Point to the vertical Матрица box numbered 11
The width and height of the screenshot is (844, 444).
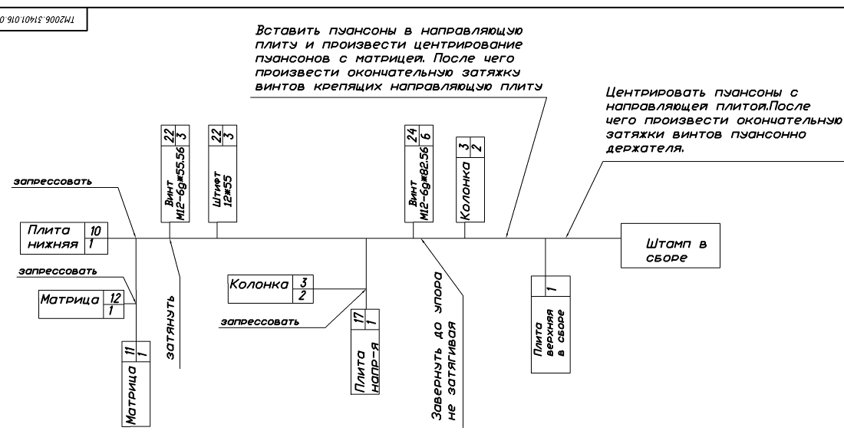(x=136, y=385)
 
